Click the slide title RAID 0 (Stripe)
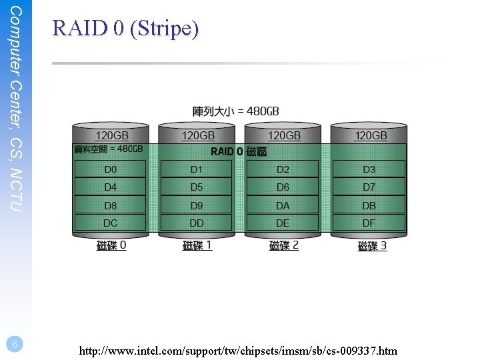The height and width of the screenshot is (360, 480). (125, 28)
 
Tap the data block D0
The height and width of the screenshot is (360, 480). (110, 169)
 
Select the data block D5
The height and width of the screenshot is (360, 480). (197, 187)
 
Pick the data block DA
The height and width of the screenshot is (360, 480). (283, 205)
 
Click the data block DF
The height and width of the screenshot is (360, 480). (369, 223)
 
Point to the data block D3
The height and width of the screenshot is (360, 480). (369, 169)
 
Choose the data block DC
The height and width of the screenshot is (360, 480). (110, 223)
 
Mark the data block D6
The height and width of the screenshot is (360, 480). (283, 187)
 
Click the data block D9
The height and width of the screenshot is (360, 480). (197, 205)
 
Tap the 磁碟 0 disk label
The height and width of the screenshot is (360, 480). (111, 245)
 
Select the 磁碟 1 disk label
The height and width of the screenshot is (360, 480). (197, 245)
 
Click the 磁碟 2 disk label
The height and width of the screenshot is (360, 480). (284, 245)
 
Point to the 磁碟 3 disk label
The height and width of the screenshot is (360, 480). (372, 246)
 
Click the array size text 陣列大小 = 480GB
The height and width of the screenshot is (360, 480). (236, 111)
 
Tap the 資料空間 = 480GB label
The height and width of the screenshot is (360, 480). (108, 149)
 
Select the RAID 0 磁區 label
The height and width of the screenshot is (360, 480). (239, 151)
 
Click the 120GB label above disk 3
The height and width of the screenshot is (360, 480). (371, 135)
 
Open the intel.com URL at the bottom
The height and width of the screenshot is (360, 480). (238, 350)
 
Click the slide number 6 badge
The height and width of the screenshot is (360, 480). (15, 344)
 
